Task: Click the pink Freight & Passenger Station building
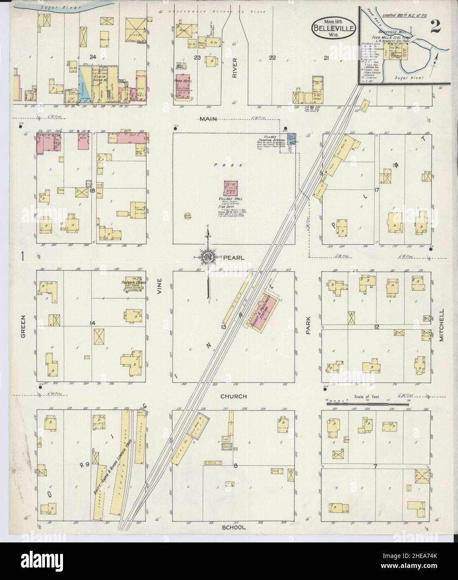[x=265, y=313]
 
